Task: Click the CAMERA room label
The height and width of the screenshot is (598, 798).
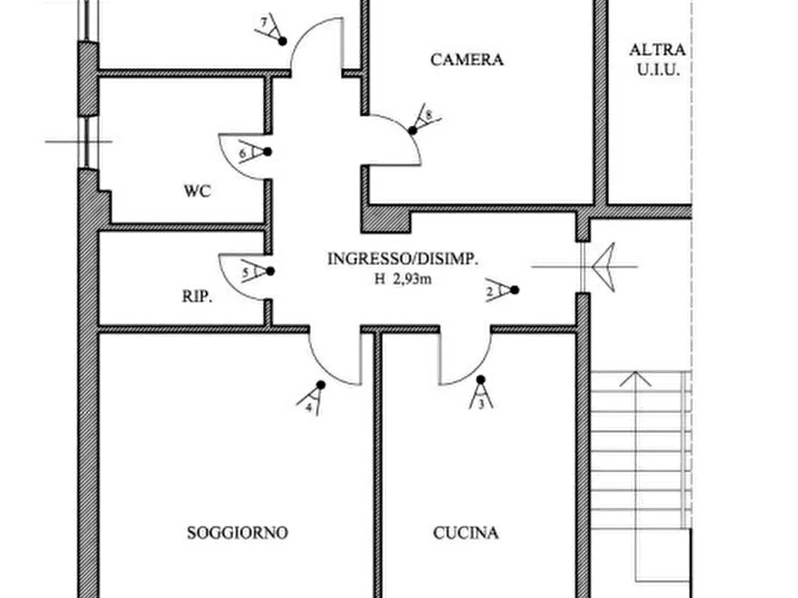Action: [467, 60]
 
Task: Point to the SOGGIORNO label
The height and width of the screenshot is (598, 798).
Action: [238, 533]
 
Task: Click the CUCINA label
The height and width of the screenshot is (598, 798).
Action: [466, 533]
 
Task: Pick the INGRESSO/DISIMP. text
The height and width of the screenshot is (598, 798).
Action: [403, 259]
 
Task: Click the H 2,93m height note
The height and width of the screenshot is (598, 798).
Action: [404, 278]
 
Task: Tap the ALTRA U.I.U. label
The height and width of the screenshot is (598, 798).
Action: [657, 58]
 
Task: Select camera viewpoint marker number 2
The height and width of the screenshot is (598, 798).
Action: [503, 290]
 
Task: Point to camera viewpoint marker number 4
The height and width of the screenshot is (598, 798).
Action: [314, 396]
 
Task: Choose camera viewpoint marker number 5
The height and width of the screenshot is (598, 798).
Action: [256, 271]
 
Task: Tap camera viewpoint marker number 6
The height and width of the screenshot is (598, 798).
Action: [256, 151]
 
